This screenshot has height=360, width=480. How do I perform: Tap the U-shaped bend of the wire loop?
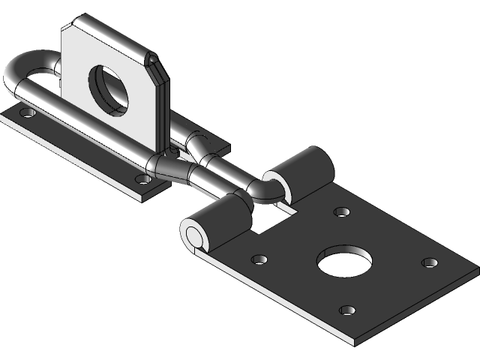point(16,75)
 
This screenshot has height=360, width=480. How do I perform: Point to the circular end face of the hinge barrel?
point(194,235)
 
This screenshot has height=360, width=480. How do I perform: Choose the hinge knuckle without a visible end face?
point(304,172)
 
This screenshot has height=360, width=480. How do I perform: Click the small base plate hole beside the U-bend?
point(28,113)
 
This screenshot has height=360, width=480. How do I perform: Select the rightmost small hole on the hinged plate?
point(429,262)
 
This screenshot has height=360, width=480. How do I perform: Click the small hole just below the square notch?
point(259,259)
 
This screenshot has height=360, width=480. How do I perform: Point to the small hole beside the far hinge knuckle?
point(341,212)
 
